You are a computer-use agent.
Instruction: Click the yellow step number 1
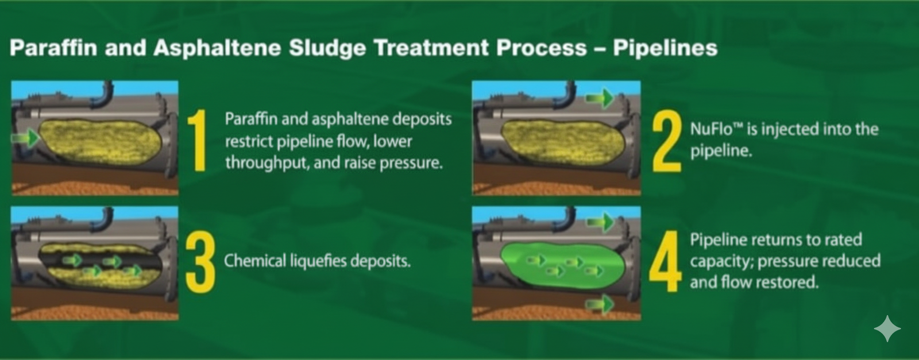[198, 140]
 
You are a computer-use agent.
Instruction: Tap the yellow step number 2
[667, 140]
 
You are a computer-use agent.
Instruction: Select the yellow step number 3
[200, 262]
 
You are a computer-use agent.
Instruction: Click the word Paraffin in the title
[53, 48]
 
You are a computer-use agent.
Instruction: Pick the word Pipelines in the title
[665, 48]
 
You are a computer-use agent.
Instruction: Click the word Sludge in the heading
[327, 48]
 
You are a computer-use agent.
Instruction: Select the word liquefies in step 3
[319, 261]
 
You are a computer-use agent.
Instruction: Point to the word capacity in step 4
[721, 261]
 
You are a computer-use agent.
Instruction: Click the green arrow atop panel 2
[600, 98]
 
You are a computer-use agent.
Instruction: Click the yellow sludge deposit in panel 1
[101, 142]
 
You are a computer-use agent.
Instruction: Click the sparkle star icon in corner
[887, 328]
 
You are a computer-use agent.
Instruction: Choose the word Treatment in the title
[431, 48]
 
